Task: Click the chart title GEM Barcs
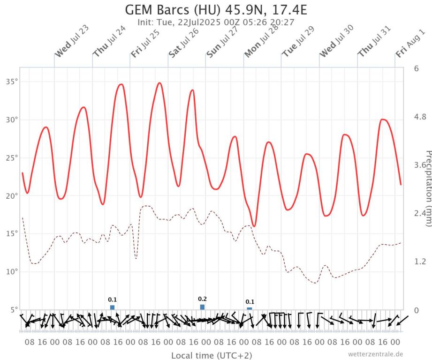(x=216, y=9)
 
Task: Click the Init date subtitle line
(x=216, y=22)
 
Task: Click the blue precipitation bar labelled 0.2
(x=202, y=307)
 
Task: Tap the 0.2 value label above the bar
(x=202, y=299)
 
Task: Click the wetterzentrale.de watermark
(x=375, y=354)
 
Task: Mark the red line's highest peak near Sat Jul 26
(x=159, y=83)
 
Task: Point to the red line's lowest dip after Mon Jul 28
(x=254, y=226)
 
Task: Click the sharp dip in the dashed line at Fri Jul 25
(x=136, y=258)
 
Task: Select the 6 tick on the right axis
(x=416, y=68)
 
